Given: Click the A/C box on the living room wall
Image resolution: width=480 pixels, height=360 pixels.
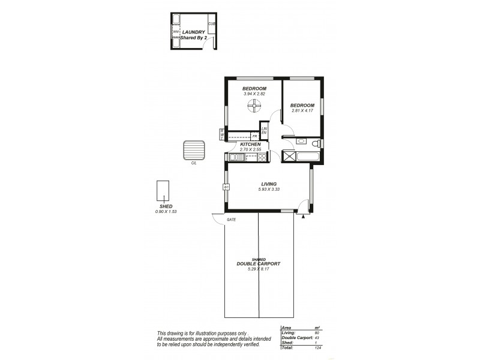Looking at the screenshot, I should [226, 187].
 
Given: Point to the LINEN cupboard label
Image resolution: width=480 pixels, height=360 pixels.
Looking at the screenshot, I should [264, 130].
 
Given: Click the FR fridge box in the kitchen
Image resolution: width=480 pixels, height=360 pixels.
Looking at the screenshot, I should [254, 136].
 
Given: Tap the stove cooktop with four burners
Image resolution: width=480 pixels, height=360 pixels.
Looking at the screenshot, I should [262, 158].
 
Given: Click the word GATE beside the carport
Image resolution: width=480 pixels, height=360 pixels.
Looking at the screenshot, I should [231, 220].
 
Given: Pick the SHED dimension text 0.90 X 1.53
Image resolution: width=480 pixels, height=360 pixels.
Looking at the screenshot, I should [166, 212].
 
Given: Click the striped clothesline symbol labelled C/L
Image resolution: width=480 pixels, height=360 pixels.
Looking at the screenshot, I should [194, 150].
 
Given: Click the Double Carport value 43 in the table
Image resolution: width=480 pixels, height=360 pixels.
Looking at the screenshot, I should [316, 338].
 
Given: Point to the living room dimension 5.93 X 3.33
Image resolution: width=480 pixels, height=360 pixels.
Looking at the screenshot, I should [268, 190].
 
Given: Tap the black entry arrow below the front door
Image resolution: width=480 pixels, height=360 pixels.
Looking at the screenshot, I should [304, 216].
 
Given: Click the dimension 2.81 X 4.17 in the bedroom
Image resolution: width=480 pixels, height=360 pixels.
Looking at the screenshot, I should [303, 110].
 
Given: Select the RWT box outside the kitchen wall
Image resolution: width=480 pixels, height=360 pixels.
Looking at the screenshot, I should [222, 134].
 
